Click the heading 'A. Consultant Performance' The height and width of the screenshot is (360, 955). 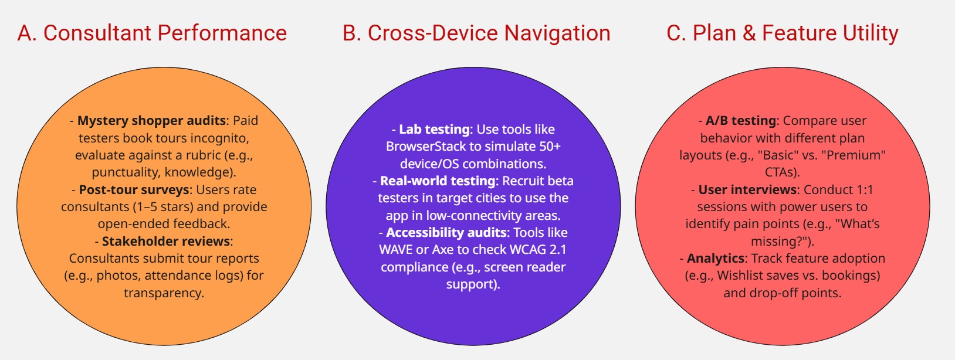click(152, 33)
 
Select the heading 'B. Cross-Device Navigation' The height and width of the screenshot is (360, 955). click(476, 33)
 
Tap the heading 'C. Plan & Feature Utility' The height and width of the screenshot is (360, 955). click(783, 33)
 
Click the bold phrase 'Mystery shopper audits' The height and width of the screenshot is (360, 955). click(151, 121)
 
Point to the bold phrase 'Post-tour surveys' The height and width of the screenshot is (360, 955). click(134, 190)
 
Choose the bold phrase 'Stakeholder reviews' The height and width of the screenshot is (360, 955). click(166, 242)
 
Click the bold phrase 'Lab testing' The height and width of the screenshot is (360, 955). click(434, 130)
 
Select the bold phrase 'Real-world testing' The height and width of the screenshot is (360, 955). click(438, 181)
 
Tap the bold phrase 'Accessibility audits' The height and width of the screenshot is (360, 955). click(446, 233)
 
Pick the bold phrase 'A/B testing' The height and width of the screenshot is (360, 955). click(741, 121)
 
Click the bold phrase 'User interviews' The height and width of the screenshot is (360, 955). click(747, 190)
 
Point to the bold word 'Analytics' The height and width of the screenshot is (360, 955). click(715, 259)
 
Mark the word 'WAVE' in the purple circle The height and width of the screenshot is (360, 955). click(396, 250)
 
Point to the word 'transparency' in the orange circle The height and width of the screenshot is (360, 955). click(163, 293)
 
